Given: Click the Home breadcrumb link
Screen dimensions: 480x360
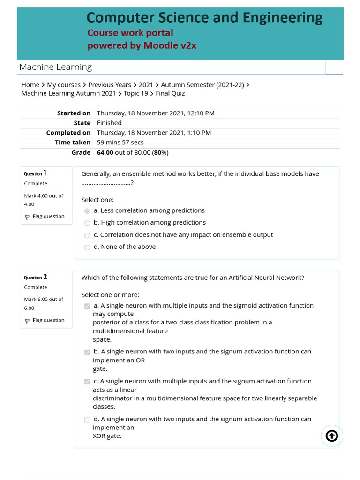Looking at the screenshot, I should pos(30,85).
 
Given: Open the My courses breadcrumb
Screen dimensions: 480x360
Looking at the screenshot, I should pos(64,85).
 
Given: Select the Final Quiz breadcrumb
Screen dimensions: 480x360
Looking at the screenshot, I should pos(170,93).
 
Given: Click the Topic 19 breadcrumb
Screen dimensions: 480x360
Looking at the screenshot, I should pos(136,93).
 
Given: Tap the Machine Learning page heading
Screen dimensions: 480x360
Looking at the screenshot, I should pos(55,67).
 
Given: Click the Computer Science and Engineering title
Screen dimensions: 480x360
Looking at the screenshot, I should pos(204,18).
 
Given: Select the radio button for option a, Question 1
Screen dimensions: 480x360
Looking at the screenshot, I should pos(87,211).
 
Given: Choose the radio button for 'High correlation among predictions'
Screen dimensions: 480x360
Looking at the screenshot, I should pos(87,223).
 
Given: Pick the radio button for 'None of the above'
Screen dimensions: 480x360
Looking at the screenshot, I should pos(87,247).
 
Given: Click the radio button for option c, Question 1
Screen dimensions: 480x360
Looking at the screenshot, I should pos(87,235).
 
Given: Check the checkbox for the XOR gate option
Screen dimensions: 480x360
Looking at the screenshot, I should pos(87,420).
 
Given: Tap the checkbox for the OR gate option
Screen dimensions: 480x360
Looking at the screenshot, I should pos(87,352).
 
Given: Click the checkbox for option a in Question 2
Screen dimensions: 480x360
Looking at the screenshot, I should pos(87,306).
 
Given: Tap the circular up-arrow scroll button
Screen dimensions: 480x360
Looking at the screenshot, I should pos(331,436).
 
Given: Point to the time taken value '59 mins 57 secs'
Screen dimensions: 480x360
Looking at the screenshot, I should pos(120,142).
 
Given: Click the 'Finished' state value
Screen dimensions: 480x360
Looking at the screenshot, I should pos(109,123).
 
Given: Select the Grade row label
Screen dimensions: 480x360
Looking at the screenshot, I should pos(81,152).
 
